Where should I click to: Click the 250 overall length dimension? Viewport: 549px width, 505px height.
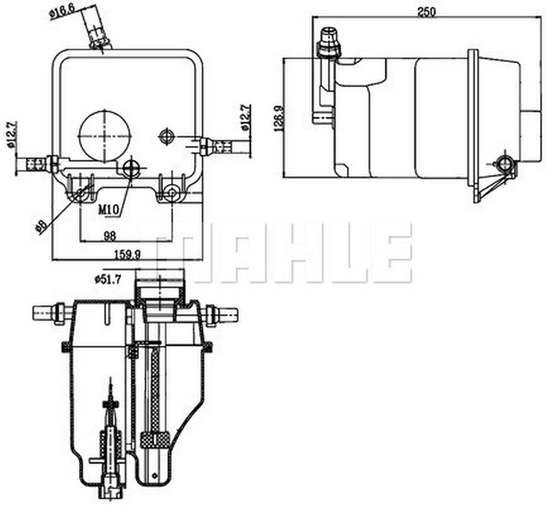(x=426, y=12)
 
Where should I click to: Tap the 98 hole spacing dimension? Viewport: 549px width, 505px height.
(x=110, y=235)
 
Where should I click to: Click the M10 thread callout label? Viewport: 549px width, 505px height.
(x=108, y=210)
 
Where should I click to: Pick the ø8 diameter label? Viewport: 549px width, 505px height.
(x=41, y=226)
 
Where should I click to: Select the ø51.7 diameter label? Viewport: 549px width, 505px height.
(x=107, y=279)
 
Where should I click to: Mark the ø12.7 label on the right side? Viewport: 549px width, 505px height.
(x=245, y=117)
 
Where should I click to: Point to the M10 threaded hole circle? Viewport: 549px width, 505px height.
(x=130, y=168)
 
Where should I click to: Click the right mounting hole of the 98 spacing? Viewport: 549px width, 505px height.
(x=172, y=193)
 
